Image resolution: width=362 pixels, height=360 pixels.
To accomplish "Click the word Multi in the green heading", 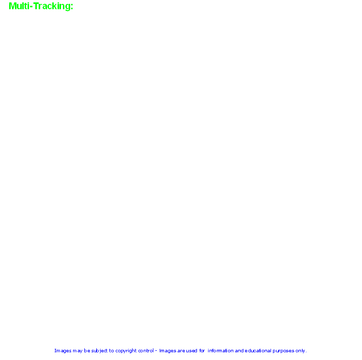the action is point(19,6).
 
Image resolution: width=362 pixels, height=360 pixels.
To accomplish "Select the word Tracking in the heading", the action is point(52,6).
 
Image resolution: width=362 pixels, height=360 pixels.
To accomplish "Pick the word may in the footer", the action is point(77,351).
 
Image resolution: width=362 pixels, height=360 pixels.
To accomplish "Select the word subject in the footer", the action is point(99,351).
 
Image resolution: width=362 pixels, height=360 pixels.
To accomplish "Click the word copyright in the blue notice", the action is point(126,351).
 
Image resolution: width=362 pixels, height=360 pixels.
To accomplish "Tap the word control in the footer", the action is point(146,350).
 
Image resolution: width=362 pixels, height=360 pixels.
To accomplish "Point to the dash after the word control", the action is point(156,351).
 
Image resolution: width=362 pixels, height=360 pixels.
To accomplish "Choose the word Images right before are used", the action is point(167,351).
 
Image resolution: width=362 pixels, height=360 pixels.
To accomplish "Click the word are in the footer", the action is point(181,351).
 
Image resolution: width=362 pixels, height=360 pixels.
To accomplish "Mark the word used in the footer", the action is point(192,350).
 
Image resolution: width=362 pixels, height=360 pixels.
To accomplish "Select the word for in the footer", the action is point(202,350).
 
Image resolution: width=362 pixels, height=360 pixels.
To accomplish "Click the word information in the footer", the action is point(221,350).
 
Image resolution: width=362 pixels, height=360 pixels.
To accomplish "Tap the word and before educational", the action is point(239,350).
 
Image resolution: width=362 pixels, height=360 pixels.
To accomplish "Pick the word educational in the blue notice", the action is point(258,350).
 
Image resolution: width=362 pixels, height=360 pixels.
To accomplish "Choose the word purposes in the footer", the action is point(284,351).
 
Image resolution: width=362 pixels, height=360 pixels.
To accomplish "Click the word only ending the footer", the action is point(300,351).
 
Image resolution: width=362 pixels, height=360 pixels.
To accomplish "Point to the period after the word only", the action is point(306,352).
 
